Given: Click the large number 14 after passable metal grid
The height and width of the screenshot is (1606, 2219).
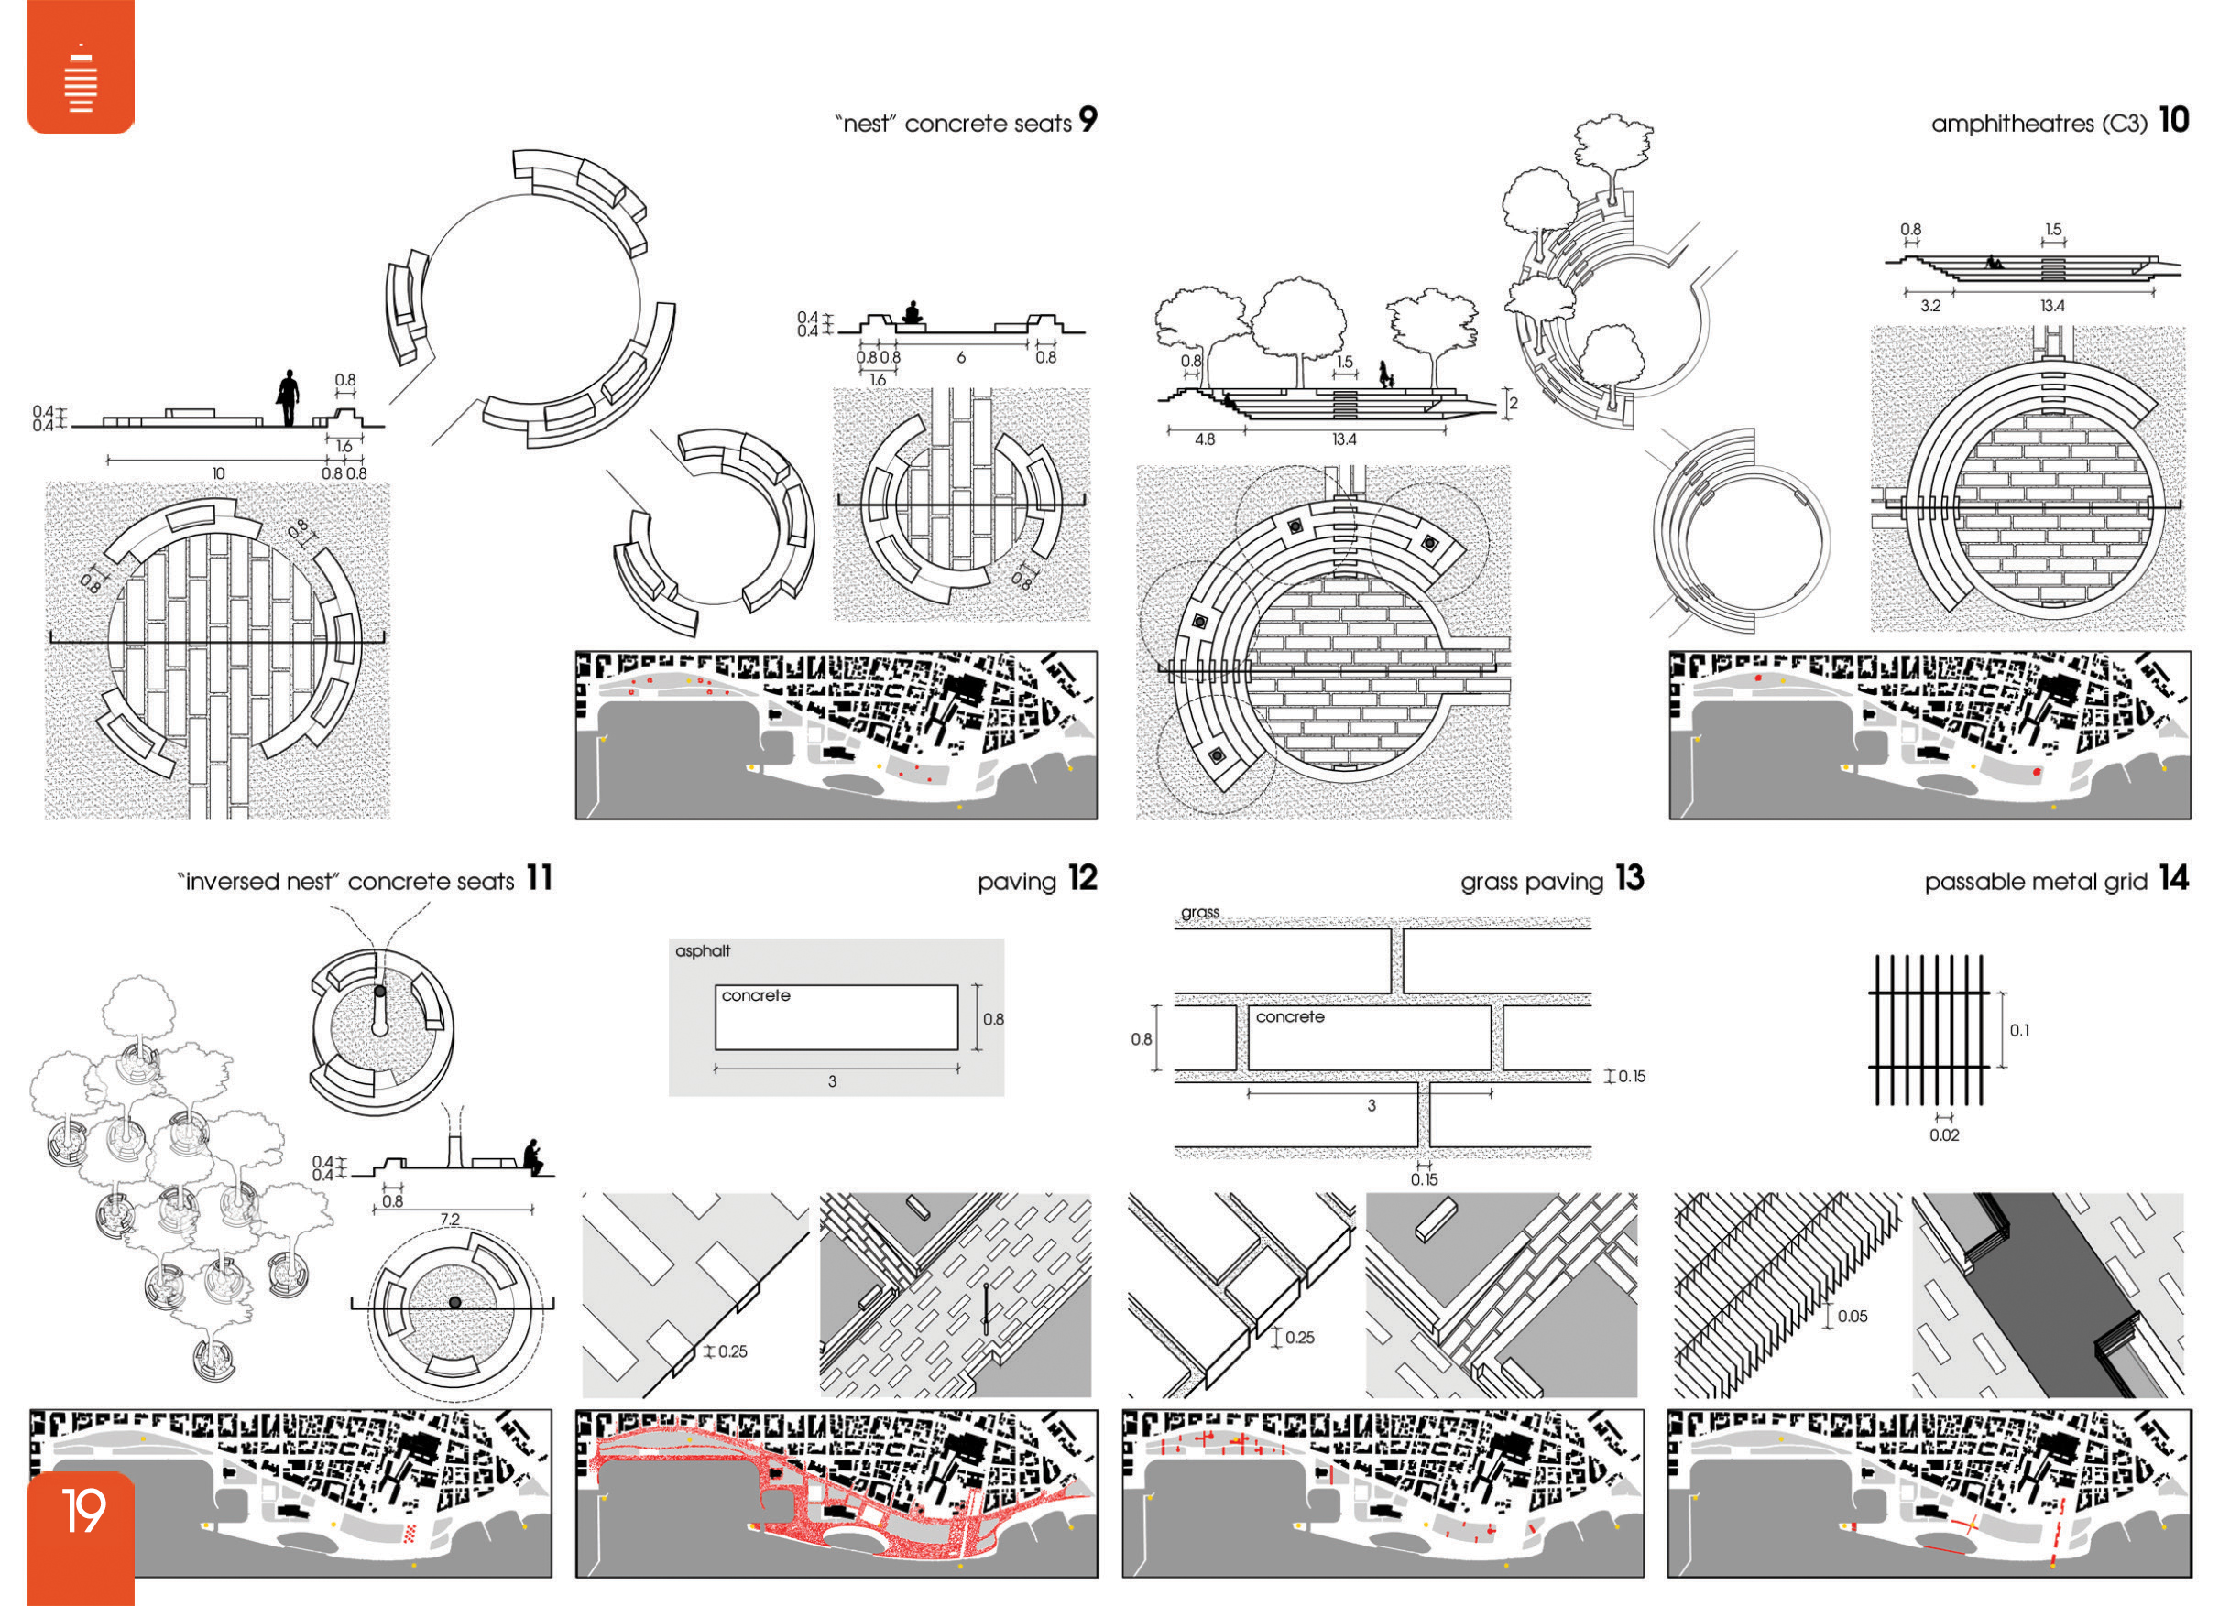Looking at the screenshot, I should pyautogui.click(x=2173, y=878).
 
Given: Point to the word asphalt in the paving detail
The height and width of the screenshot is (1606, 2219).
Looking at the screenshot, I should pyautogui.click(x=703, y=950).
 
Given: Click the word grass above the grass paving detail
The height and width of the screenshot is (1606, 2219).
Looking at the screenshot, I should pyautogui.click(x=1199, y=913).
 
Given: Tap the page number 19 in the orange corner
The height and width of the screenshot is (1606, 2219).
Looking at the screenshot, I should pyautogui.click(x=83, y=1511).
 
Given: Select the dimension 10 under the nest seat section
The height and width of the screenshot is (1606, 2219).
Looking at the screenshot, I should pyautogui.click(x=218, y=473).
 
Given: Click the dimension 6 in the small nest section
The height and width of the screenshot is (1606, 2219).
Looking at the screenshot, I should pyautogui.click(x=961, y=358).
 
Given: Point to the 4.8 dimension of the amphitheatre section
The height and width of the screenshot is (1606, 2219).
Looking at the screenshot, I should pyautogui.click(x=1205, y=439).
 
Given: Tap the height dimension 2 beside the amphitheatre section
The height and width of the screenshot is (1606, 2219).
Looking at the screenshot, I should pyautogui.click(x=1513, y=403).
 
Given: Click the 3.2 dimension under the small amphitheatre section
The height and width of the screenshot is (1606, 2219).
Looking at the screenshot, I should pyautogui.click(x=1929, y=306).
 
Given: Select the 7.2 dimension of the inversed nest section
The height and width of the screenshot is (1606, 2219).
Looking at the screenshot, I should pyautogui.click(x=449, y=1219).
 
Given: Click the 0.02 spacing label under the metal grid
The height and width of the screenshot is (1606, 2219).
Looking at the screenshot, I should pyautogui.click(x=1944, y=1135).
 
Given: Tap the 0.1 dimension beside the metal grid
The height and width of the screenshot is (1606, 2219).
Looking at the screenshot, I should pyautogui.click(x=2019, y=1030).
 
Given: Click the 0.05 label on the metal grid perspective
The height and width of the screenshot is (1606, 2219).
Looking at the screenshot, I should pyautogui.click(x=1853, y=1316).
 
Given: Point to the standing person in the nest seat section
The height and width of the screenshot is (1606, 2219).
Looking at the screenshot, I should pyautogui.click(x=288, y=397).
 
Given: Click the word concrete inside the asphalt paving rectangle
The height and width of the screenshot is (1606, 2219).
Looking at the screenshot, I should pyautogui.click(x=755, y=995).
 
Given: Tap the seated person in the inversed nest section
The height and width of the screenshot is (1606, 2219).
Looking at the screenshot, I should pyautogui.click(x=532, y=1157).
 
